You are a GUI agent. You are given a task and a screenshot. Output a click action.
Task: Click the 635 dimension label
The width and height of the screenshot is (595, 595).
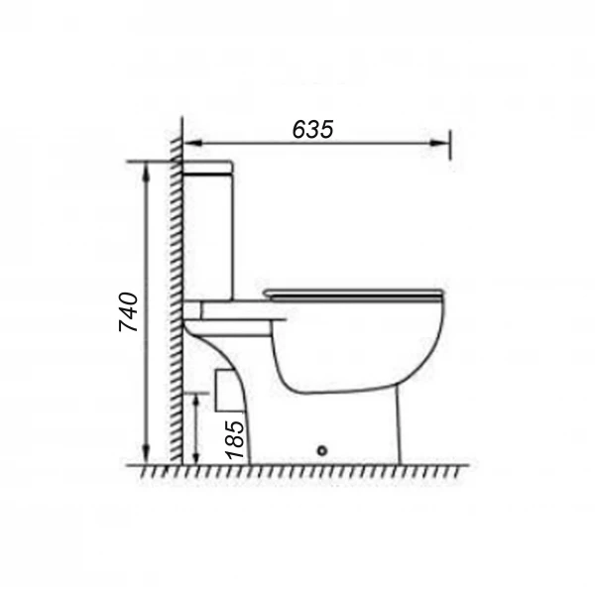(x=312, y=129)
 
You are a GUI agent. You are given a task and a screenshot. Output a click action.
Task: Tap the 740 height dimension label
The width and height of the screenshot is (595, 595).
(x=128, y=312)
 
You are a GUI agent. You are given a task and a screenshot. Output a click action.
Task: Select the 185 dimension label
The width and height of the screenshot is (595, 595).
(x=234, y=439)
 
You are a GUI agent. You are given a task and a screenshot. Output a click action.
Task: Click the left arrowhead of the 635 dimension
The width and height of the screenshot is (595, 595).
(x=192, y=143)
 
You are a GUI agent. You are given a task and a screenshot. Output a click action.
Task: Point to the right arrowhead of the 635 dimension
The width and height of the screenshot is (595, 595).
(x=439, y=143)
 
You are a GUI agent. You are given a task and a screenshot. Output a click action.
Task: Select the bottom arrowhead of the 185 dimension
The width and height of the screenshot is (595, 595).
(x=195, y=455)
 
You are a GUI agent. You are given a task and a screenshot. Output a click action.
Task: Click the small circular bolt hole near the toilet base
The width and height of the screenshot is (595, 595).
(x=322, y=451)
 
